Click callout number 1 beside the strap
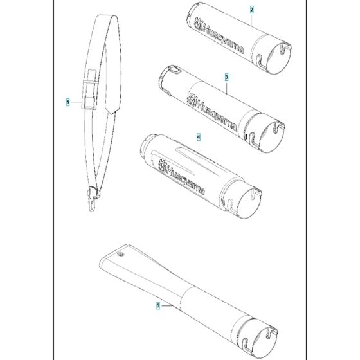pos(67,102)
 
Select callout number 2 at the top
pos(252,10)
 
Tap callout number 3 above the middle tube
pos(226,77)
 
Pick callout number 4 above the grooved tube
pos(199,138)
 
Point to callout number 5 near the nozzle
pos(158,305)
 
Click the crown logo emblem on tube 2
pos(199,24)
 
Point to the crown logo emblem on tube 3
pos(192,100)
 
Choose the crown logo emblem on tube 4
pos(162,166)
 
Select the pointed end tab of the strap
pos(113,108)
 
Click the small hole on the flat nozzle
pos(120,254)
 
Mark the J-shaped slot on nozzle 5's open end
pos(247,346)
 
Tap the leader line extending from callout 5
pos(166,305)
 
